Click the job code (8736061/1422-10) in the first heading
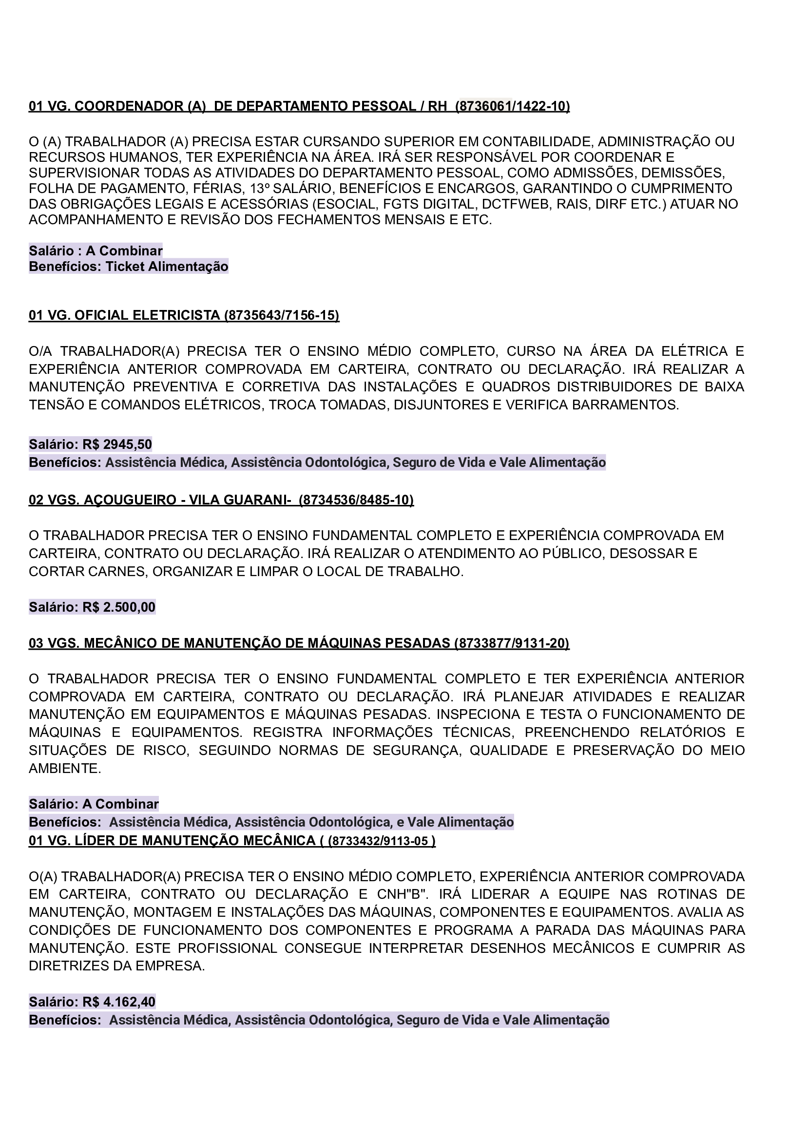pos(512,106)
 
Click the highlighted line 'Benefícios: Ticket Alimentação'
pos(128,267)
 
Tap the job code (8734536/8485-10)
pos(356,500)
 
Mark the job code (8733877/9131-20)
pos(512,643)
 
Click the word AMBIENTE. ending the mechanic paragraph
pos(65,769)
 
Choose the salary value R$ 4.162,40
pos(119,1002)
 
